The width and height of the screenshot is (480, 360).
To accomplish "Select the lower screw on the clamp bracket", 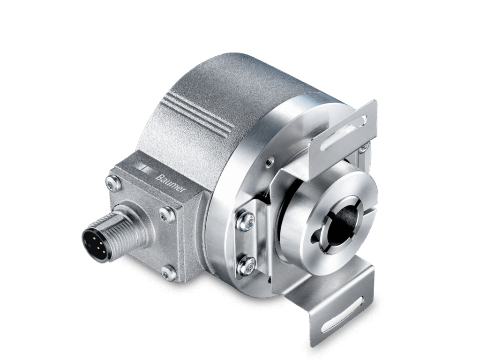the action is pos(247,265).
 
